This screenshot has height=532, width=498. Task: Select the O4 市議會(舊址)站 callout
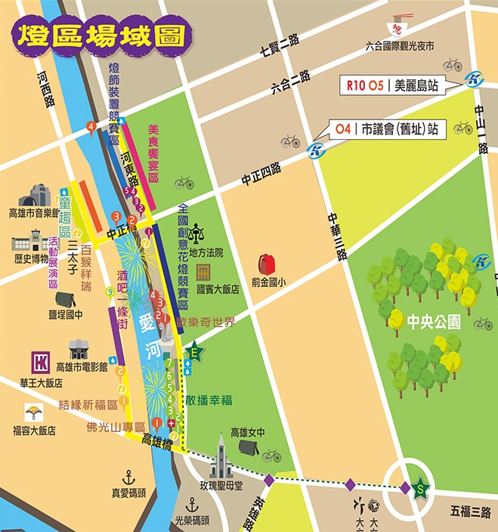(x=385, y=129)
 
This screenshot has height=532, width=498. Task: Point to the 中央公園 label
(x=433, y=321)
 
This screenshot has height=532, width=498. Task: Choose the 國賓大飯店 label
(x=218, y=289)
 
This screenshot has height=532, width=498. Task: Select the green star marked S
(x=420, y=489)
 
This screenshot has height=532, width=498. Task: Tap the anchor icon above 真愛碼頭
(x=128, y=477)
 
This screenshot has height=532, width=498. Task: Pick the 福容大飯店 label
(x=33, y=430)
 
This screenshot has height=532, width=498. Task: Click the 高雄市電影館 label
(x=82, y=367)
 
